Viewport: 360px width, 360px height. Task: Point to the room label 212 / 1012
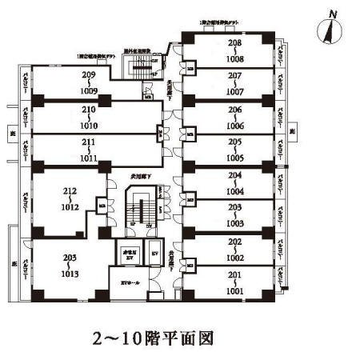pyautogui.click(x=69, y=197)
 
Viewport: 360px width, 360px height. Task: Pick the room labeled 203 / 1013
pyautogui.click(x=69, y=264)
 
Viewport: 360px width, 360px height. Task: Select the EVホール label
pyautogui.click(x=130, y=282)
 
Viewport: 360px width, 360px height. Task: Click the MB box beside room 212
pyautogui.click(x=102, y=206)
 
